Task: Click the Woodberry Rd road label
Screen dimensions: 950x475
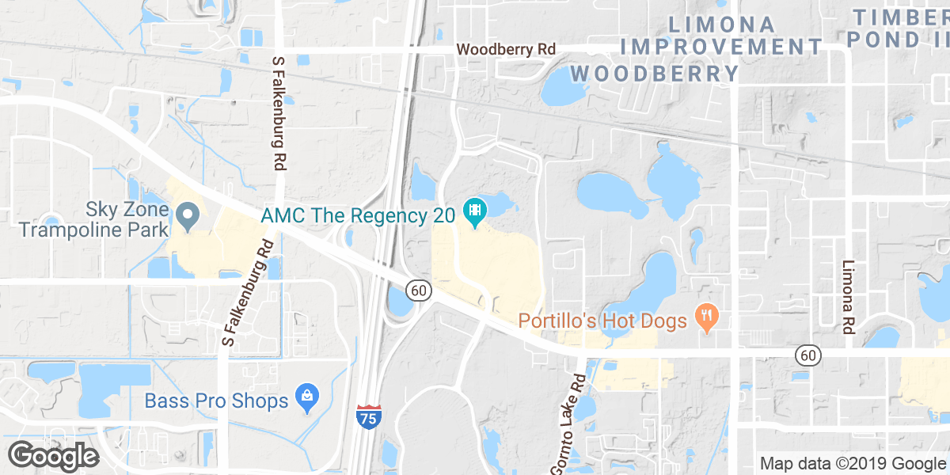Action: (506, 49)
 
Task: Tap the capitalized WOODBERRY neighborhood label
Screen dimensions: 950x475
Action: (655, 74)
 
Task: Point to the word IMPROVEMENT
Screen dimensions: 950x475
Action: (722, 47)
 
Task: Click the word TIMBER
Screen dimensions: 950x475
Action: (901, 17)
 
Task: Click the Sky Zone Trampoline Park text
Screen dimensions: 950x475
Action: (94, 220)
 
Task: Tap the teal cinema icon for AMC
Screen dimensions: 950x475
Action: (476, 211)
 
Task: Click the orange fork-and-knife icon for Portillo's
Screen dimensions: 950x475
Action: (704, 317)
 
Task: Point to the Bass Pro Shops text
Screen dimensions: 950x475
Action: (216, 401)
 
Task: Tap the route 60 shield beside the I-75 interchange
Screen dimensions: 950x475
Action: (420, 291)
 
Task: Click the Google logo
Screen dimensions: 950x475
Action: (53, 455)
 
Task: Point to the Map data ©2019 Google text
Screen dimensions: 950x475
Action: (853, 463)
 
